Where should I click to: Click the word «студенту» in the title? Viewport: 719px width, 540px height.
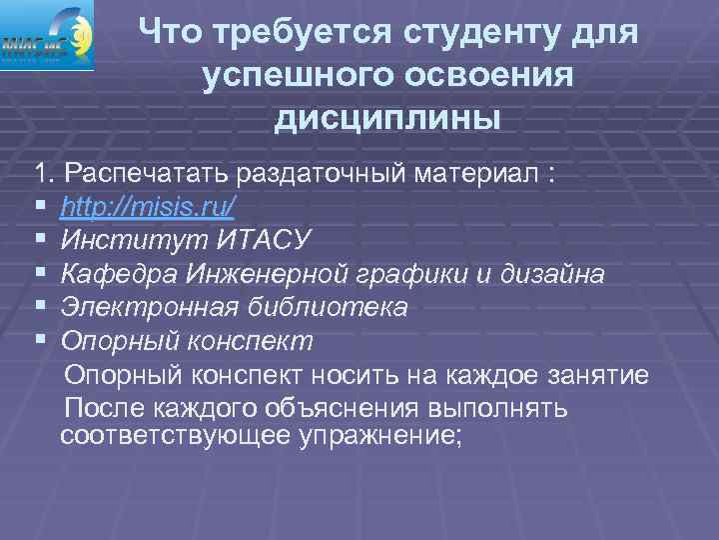click(479, 33)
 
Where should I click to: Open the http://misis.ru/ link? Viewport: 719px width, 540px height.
click(148, 207)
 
